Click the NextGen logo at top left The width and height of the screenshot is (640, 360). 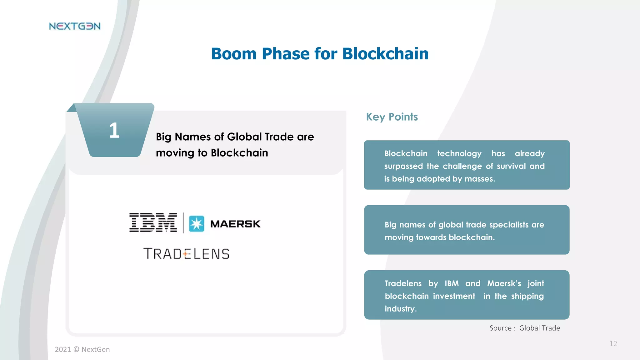click(75, 26)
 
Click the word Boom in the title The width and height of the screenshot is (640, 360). click(234, 54)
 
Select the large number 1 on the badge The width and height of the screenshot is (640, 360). click(114, 130)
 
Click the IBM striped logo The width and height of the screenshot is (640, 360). click(153, 222)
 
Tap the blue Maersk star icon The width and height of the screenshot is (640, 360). click(197, 224)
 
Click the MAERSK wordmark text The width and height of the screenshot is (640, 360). click(235, 224)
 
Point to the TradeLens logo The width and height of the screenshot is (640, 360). click(186, 254)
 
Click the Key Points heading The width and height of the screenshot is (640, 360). click(392, 117)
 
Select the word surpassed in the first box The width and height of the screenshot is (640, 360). click(403, 166)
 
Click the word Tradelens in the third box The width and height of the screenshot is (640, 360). click(403, 283)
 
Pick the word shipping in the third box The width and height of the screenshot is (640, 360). click(527, 296)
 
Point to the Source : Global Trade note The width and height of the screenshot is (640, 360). click(525, 328)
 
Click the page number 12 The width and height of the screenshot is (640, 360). click(613, 344)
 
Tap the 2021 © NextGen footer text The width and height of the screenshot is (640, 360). click(82, 349)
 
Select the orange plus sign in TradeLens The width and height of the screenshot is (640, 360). click(186, 254)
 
